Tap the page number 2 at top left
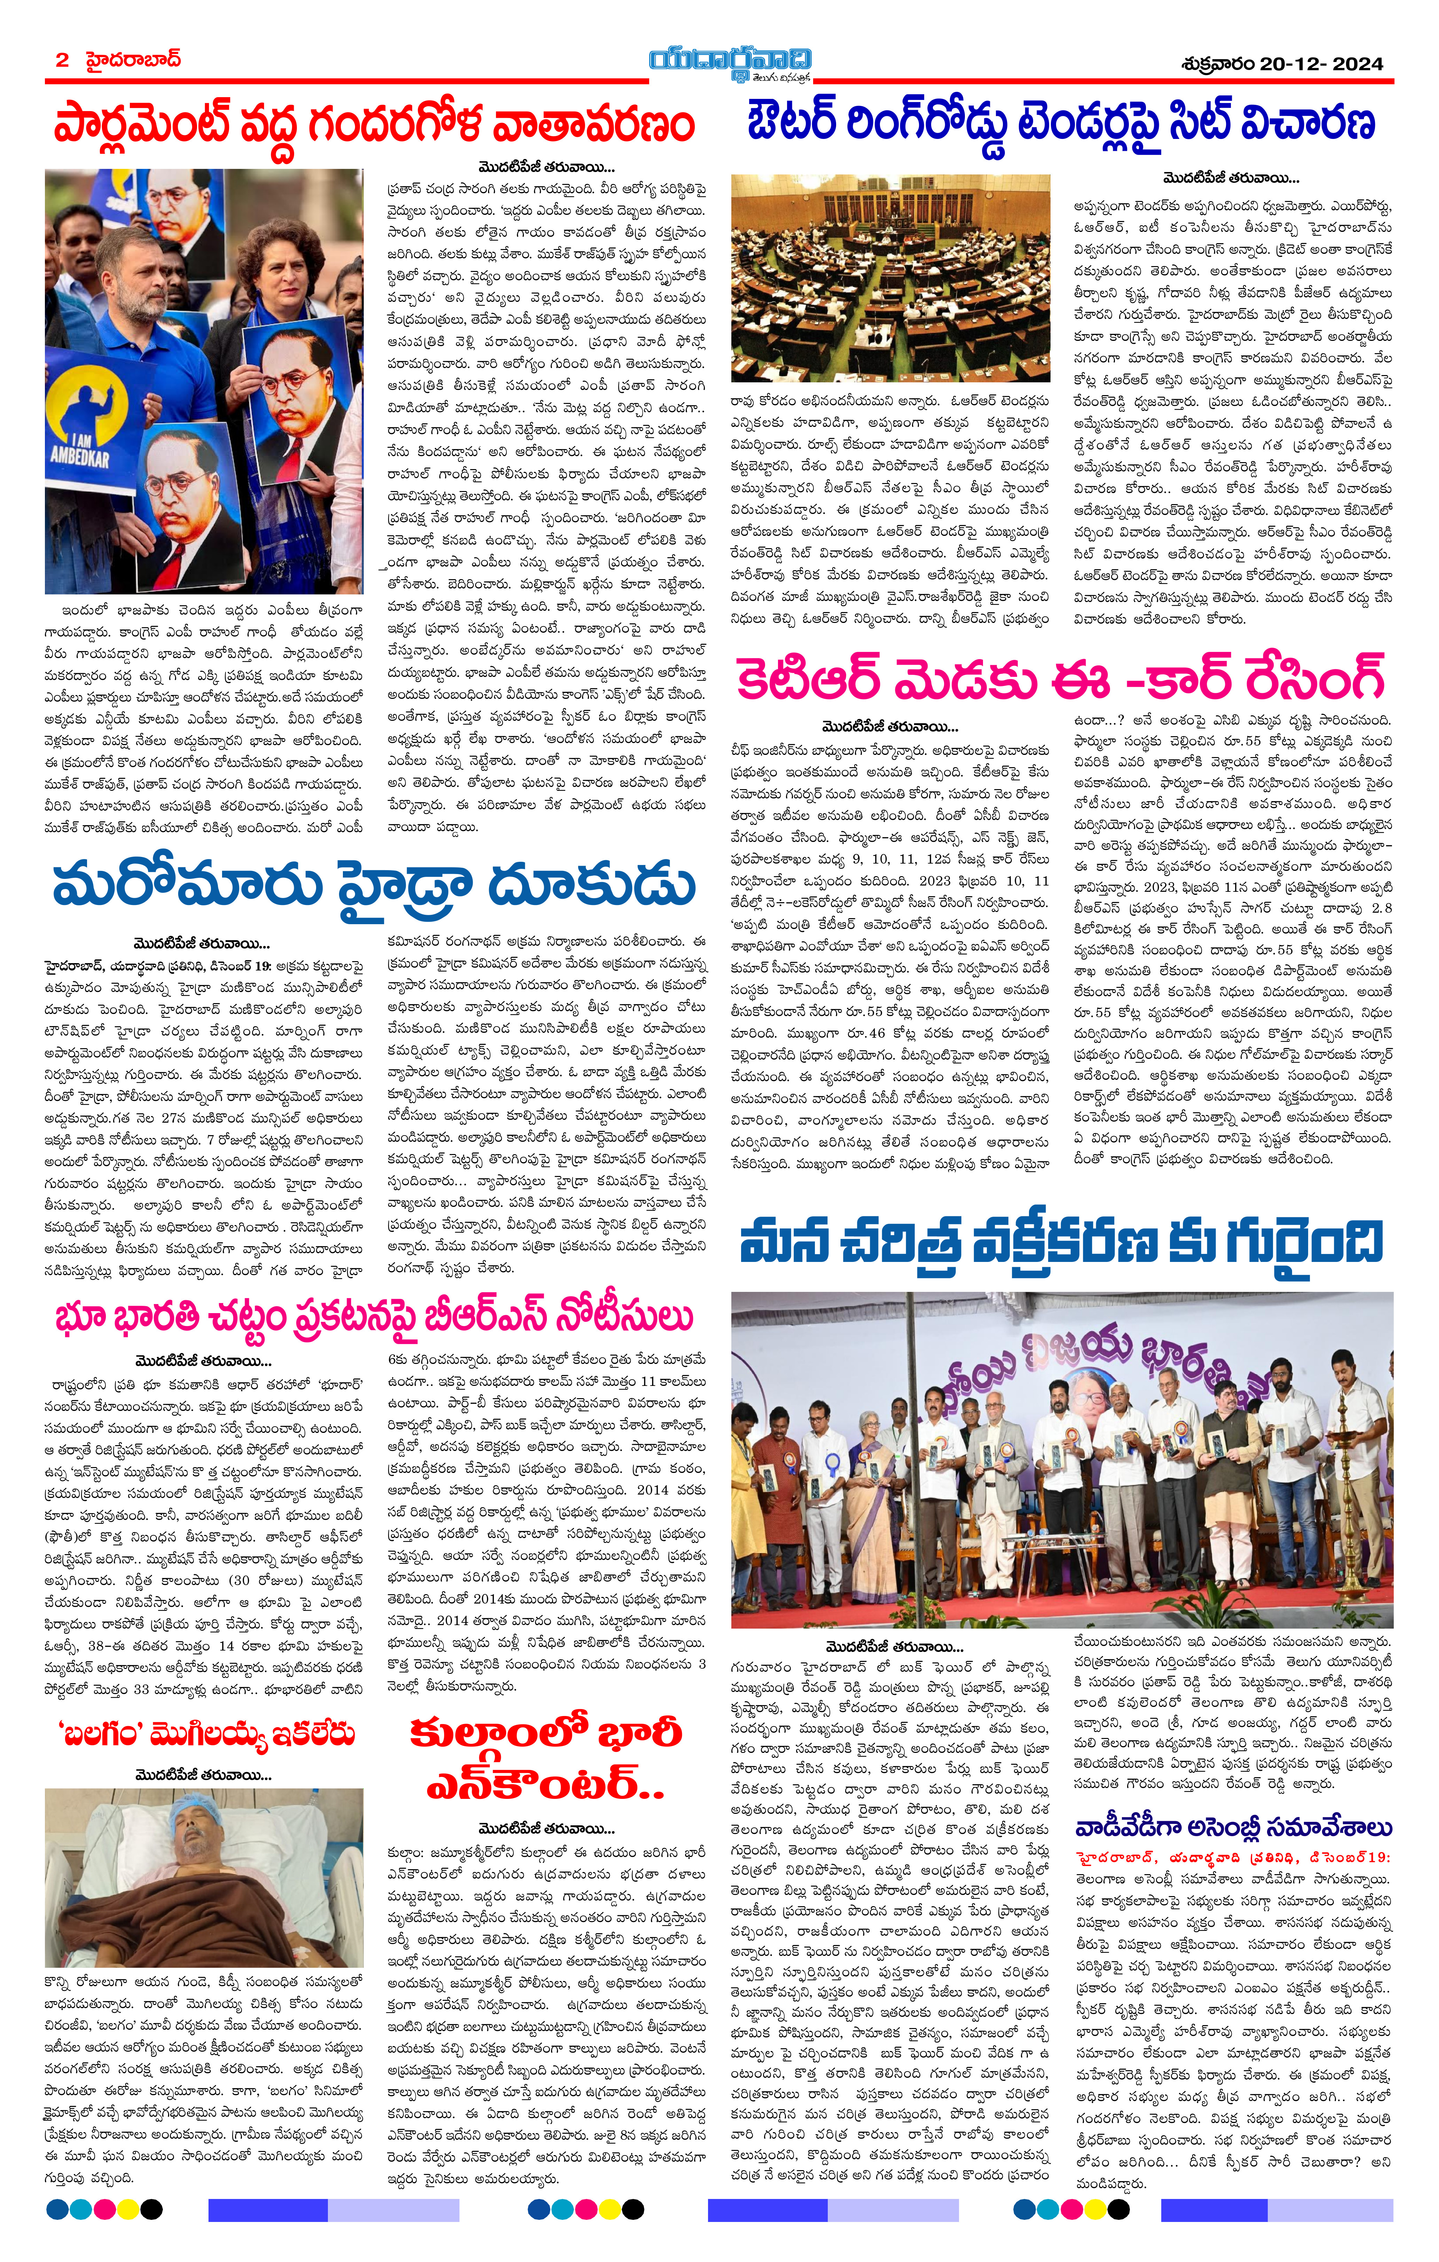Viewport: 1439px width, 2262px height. [x=62, y=60]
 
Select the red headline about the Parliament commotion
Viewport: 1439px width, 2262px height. [x=374, y=123]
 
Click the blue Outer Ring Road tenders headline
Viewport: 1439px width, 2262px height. [x=1061, y=123]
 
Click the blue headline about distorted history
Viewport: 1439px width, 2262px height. [x=1061, y=1243]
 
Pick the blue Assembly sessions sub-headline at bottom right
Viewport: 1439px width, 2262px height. [x=1232, y=1827]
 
